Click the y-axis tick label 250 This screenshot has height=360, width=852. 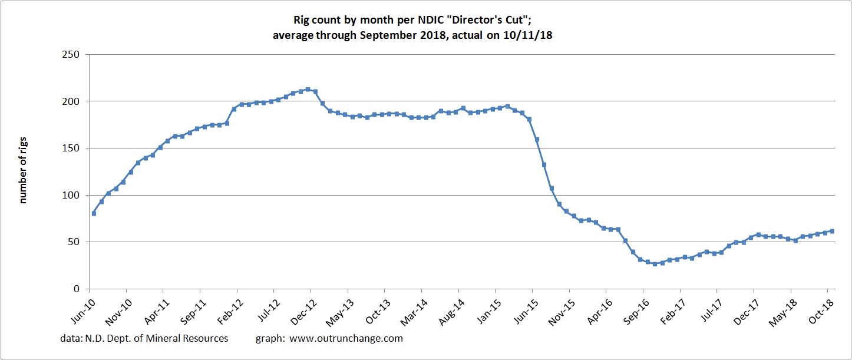click(x=75, y=54)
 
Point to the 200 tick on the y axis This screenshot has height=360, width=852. click(x=75, y=101)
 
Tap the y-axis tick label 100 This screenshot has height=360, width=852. click(x=75, y=195)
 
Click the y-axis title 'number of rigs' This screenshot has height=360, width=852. click(x=24, y=171)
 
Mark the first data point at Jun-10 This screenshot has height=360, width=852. click(x=94, y=213)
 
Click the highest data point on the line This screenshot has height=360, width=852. click(x=308, y=90)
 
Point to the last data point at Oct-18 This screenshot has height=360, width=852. click(x=832, y=231)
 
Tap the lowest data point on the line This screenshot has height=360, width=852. click(x=655, y=263)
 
